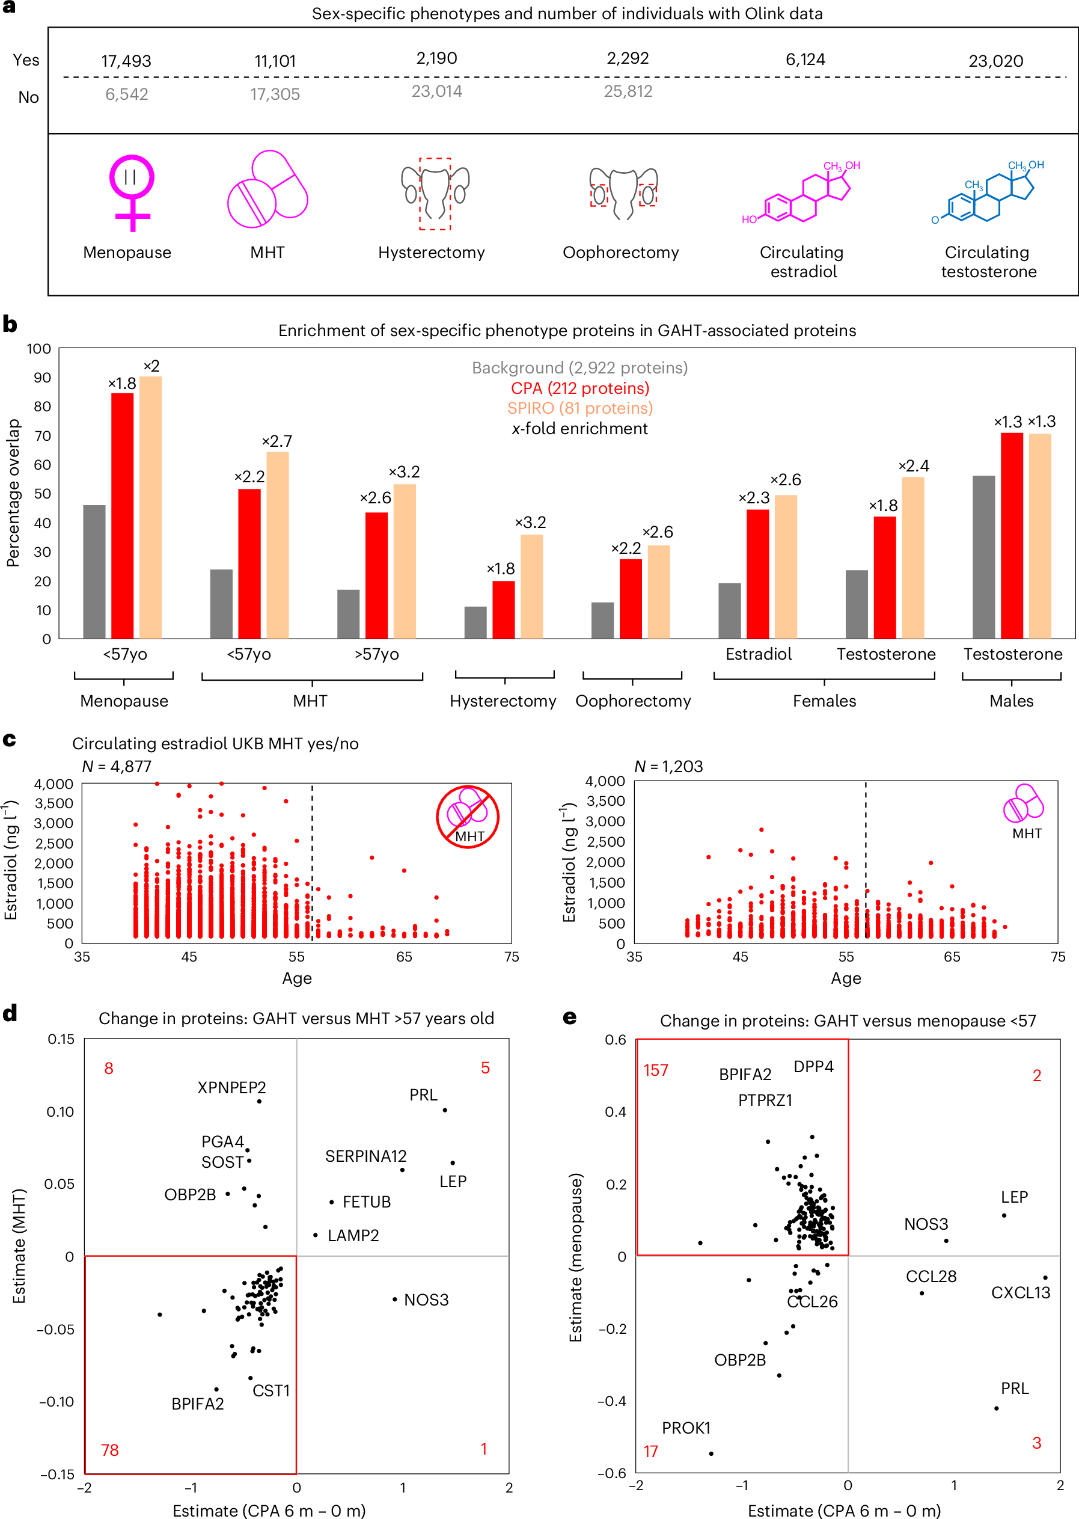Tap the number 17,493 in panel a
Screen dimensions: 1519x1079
(x=126, y=61)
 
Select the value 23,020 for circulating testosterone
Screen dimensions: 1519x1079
(x=995, y=61)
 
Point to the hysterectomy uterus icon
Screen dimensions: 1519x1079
(x=435, y=192)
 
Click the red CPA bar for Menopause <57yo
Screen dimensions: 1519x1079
(x=122, y=515)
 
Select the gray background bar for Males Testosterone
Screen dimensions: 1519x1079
(x=983, y=557)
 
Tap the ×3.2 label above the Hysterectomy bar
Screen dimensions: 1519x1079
(x=530, y=523)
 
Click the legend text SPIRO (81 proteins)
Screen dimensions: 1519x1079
(x=580, y=408)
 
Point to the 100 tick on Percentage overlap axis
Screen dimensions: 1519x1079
(x=39, y=349)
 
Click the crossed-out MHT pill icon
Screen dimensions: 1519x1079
(x=468, y=817)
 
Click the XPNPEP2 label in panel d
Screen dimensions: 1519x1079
(x=231, y=1087)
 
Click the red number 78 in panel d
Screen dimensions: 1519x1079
(x=109, y=1449)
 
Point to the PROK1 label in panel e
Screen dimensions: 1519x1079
(x=686, y=1428)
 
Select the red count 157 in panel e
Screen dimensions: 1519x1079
(x=656, y=1070)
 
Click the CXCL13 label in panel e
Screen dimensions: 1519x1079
(x=1021, y=1292)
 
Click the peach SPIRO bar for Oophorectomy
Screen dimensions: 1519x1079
(x=658, y=591)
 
